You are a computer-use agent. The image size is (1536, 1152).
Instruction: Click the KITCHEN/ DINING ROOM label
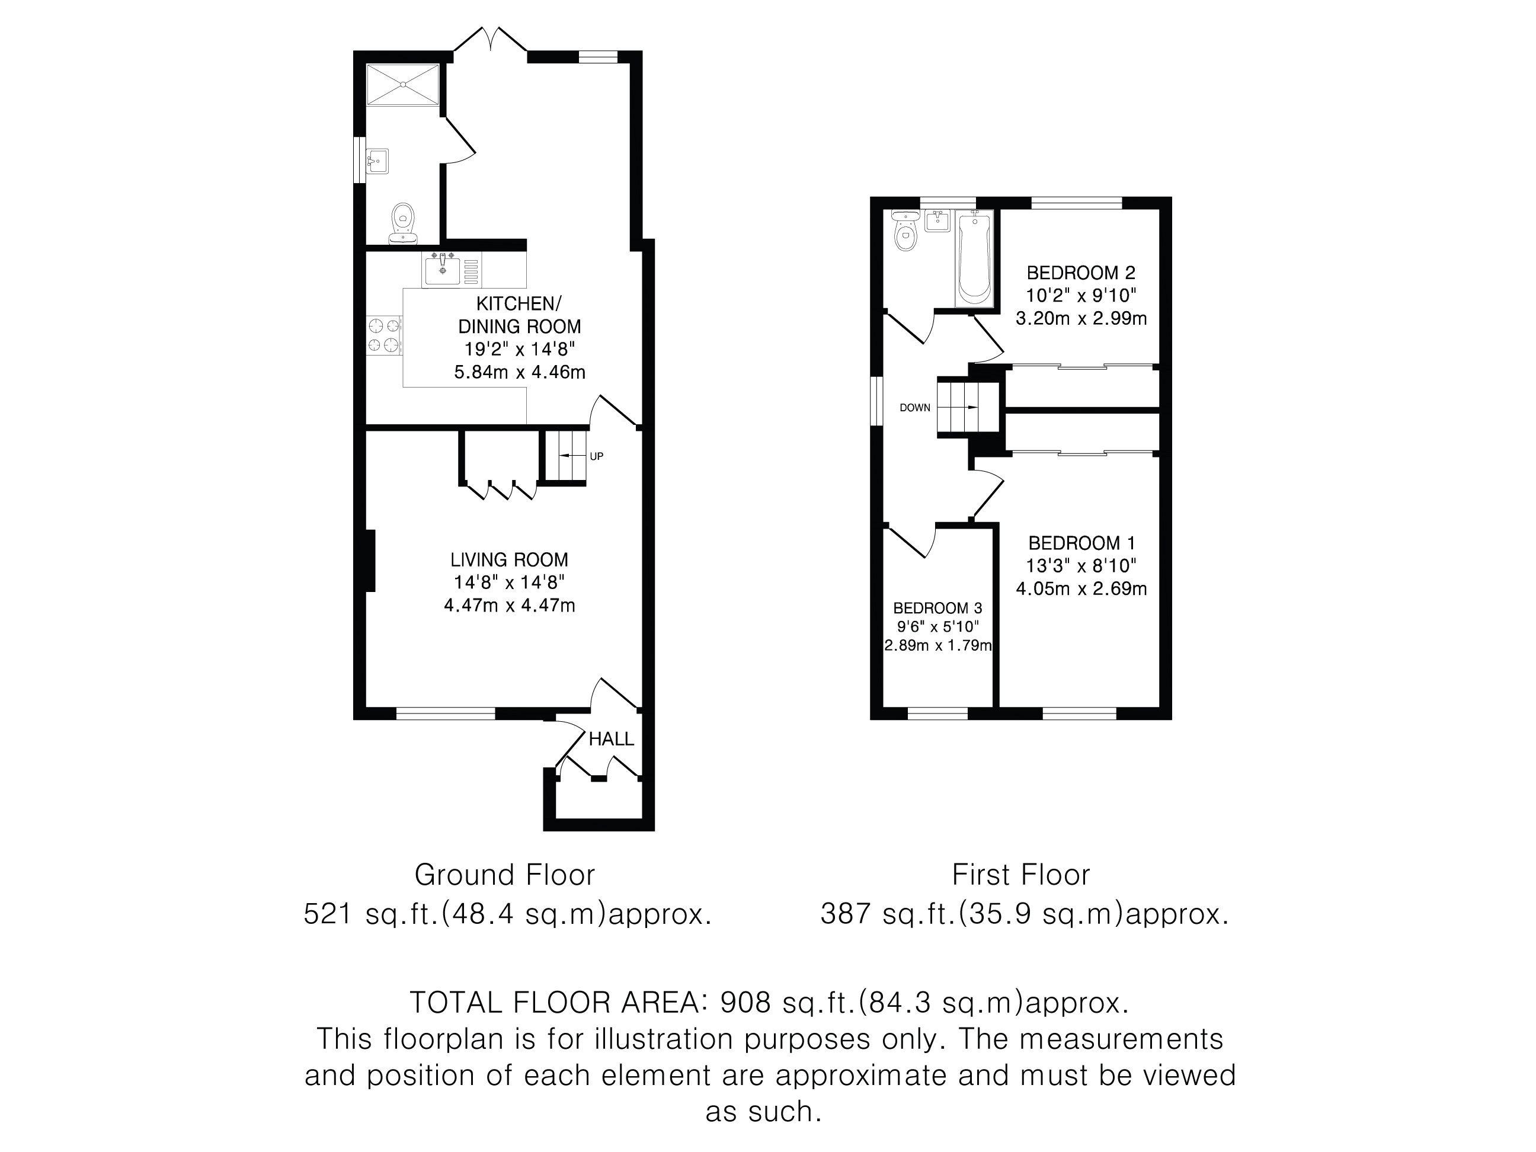519,315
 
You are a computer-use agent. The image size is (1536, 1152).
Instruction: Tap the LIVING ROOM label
509,559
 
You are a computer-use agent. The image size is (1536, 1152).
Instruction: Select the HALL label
611,739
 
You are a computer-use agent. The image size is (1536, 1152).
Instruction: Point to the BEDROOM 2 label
1081,273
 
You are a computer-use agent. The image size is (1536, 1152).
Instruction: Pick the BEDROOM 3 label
937,608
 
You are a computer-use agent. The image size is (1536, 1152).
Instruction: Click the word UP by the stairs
597,456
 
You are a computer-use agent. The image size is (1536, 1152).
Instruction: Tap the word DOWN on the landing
914,408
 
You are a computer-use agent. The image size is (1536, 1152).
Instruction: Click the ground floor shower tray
403,85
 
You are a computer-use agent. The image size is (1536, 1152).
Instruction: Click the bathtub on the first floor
975,258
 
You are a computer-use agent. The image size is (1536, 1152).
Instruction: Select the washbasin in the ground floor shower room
377,161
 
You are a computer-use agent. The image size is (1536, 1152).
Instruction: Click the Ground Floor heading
505,875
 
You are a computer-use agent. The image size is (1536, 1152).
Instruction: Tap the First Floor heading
1021,875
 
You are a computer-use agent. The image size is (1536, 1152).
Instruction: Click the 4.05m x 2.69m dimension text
1081,589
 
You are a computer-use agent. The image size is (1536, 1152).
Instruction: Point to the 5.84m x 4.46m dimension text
519,372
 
